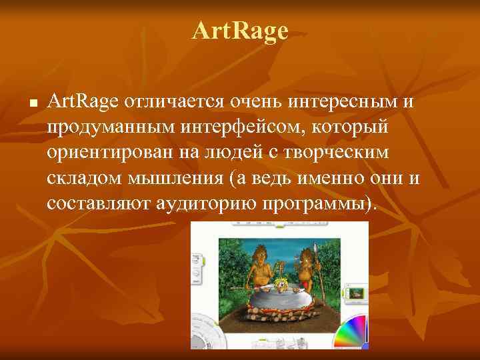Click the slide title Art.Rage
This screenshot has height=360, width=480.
pyautogui.click(x=240, y=31)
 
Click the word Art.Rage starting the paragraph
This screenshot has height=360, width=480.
pyautogui.click(x=74, y=102)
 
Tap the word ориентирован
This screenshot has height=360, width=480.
pyautogui.click(x=109, y=153)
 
